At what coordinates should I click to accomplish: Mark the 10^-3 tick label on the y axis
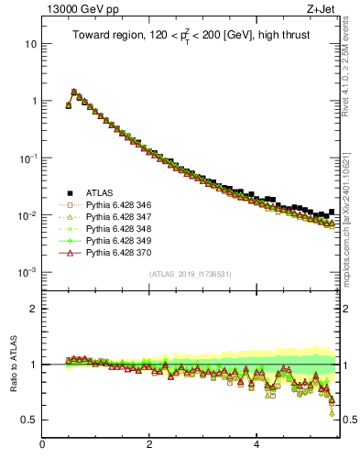click(28, 272)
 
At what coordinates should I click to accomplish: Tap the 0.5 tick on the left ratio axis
click(30, 420)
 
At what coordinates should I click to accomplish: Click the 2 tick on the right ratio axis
click(346, 309)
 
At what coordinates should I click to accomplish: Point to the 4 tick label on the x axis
click(256, 446)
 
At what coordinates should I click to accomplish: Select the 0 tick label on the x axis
click(42, 446)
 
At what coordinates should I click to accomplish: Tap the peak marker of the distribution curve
click(73, 92)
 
